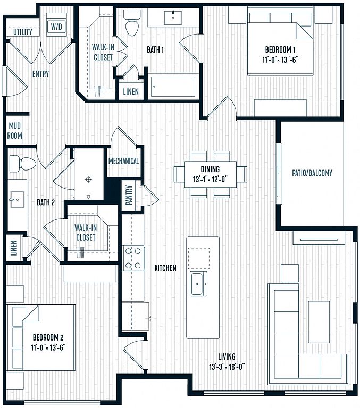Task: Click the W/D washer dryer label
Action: (x=56, y=27)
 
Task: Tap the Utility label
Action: (x=23, y=32)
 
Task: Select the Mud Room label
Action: (x=14, y=131)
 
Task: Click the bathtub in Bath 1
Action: (x=173, y=87)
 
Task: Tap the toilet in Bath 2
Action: (x=22, y=164)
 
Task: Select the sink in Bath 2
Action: (x=17, y=199)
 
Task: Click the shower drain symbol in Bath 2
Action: (x=89, y=179)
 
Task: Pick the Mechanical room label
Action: (x=123, y=161)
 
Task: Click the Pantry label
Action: (x=129, y=195)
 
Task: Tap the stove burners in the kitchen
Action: (x=133, y=258)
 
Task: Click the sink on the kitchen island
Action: (x=198, y=284)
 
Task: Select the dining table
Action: (x=210, y=174)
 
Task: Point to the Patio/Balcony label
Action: (x=312, y=173)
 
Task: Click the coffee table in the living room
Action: (x=319, y=322)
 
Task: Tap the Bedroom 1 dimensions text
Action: (x=280, y=60)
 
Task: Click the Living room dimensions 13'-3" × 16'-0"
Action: (x=227, y=367)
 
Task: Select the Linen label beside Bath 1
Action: (x=131, y=91)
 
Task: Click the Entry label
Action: (x=40, y=74)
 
